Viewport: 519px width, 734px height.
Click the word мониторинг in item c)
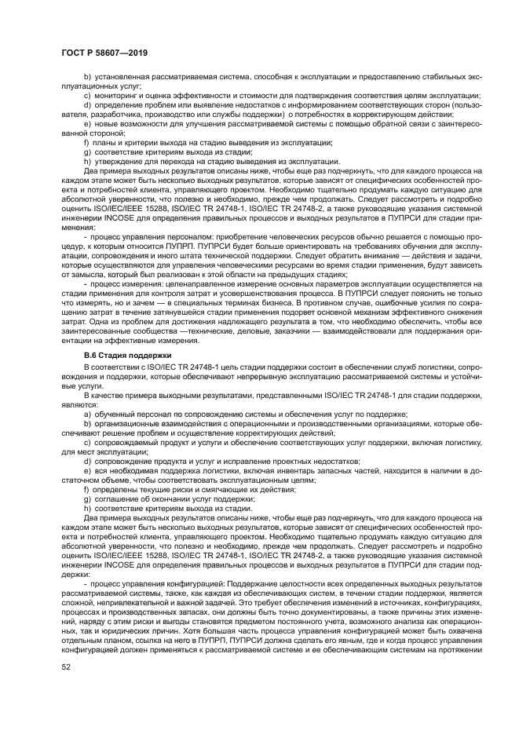pyautogui.click(x=114, y=96)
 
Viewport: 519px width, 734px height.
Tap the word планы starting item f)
pyautogui.click(x=105, y=142)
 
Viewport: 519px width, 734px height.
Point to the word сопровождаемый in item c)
pyautogui.click(x=124, y=442)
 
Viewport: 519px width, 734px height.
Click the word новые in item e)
pyautogui.click(x=107, y=123)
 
